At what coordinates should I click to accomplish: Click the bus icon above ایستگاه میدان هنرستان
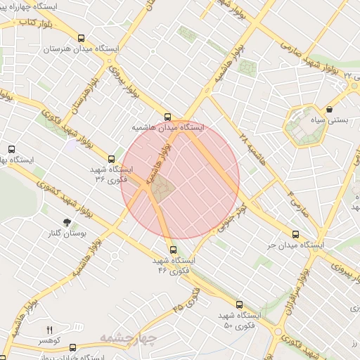point(82,39)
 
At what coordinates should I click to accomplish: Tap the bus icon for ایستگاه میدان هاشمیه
point(167,117)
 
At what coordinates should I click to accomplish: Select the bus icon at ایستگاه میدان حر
point(295,235)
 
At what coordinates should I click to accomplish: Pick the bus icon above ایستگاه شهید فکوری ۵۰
point(239,304)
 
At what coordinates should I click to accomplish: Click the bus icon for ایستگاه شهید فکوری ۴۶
point(174,250)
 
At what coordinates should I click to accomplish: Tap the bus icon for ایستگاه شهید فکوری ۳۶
point(112,159)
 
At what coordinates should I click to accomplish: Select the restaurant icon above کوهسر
point(49,329)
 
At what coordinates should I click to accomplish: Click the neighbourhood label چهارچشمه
point(127,339)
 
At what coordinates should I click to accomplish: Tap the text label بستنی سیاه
point(330,121)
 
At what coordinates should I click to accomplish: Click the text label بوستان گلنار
point(67,235)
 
